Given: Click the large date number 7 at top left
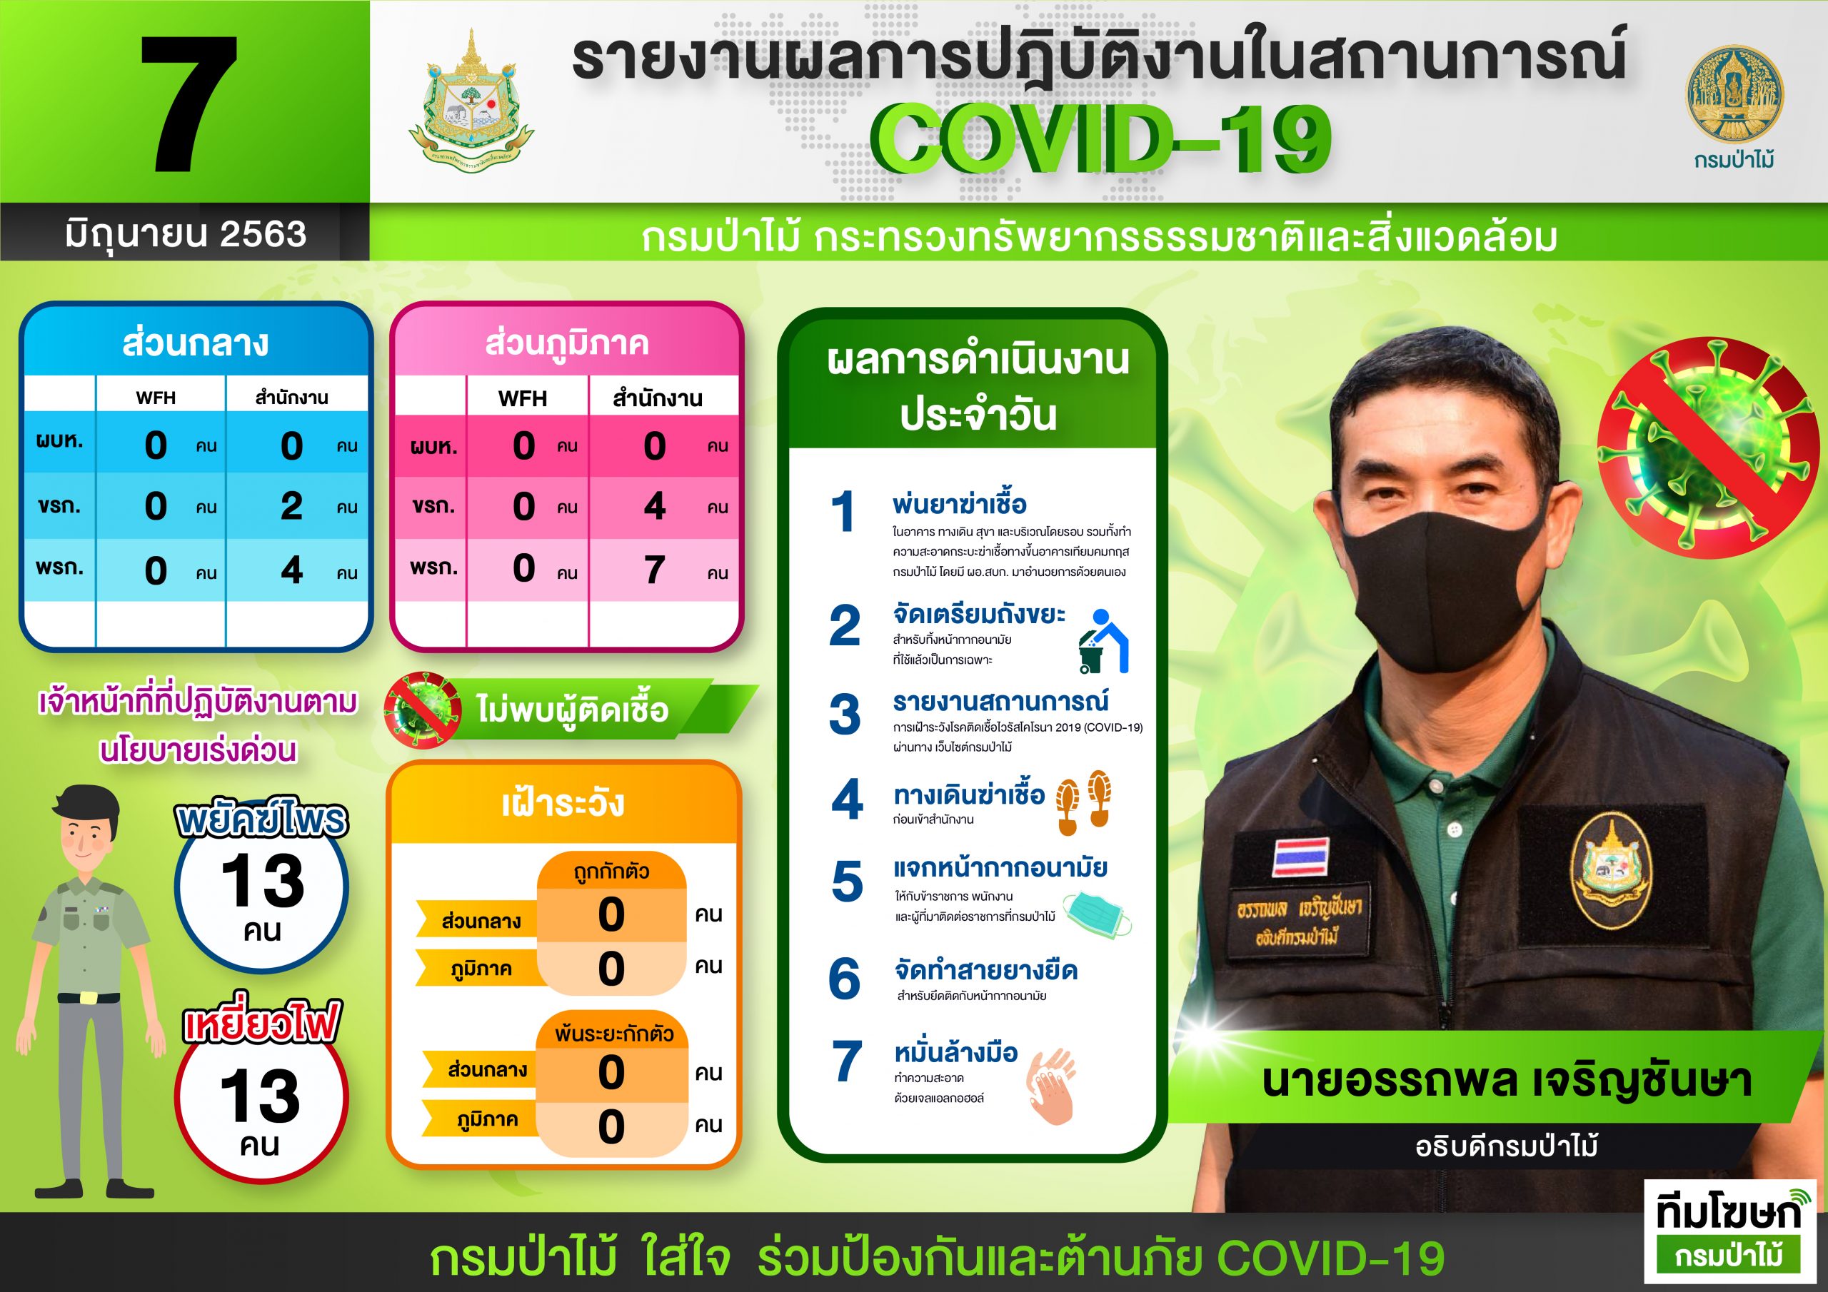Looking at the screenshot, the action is coord(189,104).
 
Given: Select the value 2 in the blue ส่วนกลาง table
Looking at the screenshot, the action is coord(291,506).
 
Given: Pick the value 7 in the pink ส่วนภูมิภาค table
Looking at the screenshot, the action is coord(655,570).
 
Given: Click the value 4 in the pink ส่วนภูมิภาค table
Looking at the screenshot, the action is coord(655,506).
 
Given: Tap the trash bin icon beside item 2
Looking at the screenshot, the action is coord(1103,641).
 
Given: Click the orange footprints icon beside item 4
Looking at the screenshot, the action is coord(1083,802).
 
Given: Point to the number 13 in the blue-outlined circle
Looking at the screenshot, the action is coord(263,882).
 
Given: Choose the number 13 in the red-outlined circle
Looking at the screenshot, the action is coord(261,1096).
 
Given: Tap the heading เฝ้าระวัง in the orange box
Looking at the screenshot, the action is coord(563,803).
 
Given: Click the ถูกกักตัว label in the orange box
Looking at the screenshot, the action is coord(611,872).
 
